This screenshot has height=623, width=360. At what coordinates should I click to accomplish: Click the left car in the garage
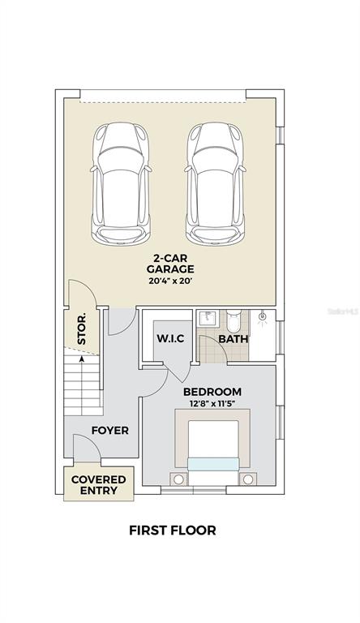click(121, 183)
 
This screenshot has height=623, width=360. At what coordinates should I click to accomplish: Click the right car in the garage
click(215, 183)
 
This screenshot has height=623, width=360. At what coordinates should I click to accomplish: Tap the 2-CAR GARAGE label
click(170, 264)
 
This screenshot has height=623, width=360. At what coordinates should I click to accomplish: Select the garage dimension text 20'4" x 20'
click(170, 281)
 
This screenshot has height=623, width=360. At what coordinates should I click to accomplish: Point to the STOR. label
click(81, 329)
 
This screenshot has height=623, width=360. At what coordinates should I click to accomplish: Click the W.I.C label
click(170, 338)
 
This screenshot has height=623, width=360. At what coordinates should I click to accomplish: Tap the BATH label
click(234, 339)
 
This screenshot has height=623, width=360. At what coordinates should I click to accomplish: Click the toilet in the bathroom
click(234, 321)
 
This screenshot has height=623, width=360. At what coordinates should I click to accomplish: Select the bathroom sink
click(208, 318)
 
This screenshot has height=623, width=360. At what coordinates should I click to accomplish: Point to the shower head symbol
click(262, 317)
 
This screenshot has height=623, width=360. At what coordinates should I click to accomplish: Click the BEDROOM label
click(212, 392)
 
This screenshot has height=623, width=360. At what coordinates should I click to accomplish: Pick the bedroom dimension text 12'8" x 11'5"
click(212, 403)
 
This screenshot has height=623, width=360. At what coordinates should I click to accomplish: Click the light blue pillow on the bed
click(213, 464)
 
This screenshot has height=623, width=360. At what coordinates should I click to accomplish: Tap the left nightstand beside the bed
click(179, 479)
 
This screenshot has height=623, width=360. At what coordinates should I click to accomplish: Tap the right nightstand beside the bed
click(248, 479)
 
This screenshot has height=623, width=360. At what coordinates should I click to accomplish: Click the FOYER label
click(110, 430)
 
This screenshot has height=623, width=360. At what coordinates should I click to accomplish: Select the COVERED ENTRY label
click(99, 485)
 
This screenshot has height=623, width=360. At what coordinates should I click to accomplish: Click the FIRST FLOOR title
click(173, 530)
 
